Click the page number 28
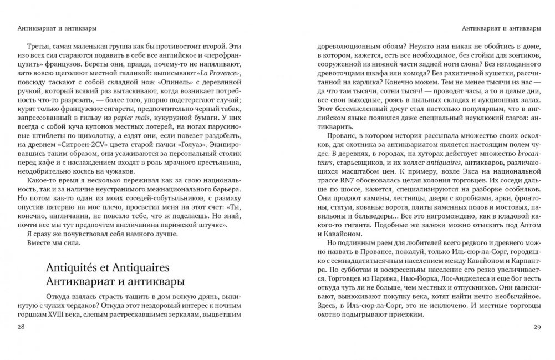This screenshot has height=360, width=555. click(x=21, y=328)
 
